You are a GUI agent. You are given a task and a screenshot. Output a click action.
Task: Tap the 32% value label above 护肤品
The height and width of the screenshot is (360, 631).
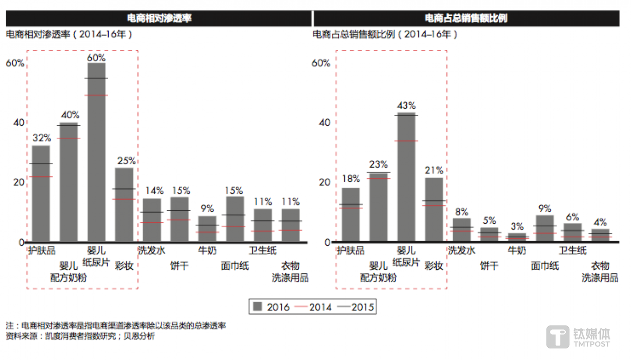[x=42, y=138]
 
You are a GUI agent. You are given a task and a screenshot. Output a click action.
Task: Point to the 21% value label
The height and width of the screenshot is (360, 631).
[x=434, y=170]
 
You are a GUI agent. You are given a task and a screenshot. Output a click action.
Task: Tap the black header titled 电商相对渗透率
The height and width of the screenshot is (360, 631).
[x=159, y=18]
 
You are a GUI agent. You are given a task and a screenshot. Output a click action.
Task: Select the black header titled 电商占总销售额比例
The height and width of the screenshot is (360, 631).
[x=466, y=18]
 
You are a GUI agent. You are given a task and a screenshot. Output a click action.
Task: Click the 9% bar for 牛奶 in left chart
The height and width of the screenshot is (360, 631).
[x=207, y=229]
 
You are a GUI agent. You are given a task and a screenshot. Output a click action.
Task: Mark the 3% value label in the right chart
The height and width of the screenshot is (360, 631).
[x=517, y=226]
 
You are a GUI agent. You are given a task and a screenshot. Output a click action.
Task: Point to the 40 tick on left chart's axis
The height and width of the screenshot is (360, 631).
[x=18, y=123]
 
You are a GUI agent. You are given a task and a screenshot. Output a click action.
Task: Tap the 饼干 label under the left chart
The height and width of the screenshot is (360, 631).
[x=180, y=265]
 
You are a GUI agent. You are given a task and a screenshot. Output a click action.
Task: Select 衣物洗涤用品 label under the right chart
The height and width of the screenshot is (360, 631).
[x=600, y=272]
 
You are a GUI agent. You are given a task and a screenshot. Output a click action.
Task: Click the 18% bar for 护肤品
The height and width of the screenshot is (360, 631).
[x=351, y=215]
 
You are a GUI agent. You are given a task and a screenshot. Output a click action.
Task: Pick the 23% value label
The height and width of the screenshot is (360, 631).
[x=378, y=165]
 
